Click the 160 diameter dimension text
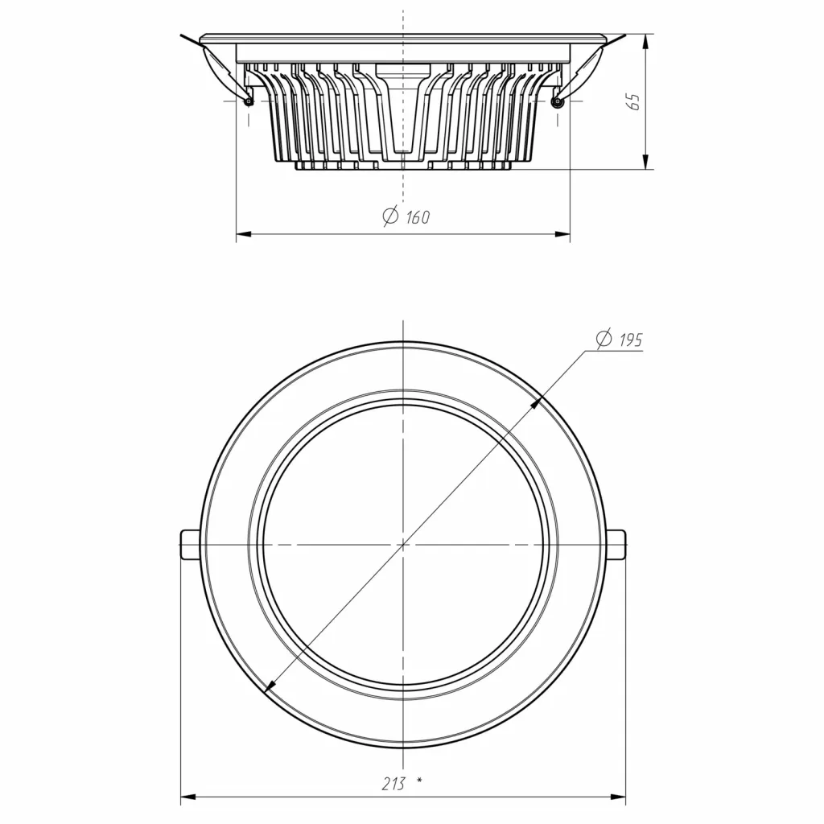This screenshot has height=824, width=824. coord(418,217)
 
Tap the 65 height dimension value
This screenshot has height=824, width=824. coord(634,102)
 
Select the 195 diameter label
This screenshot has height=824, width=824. coord(631,340)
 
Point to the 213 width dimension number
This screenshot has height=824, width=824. coord(393,784)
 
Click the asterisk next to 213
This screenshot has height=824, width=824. coord(419,781)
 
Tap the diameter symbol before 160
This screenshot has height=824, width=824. coord(391,216)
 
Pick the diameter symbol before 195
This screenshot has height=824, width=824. coord(604,339)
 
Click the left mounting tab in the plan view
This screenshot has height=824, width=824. coord(190,545)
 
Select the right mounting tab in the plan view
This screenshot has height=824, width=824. coord(616,545)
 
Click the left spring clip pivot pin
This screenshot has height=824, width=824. coord(249,101)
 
